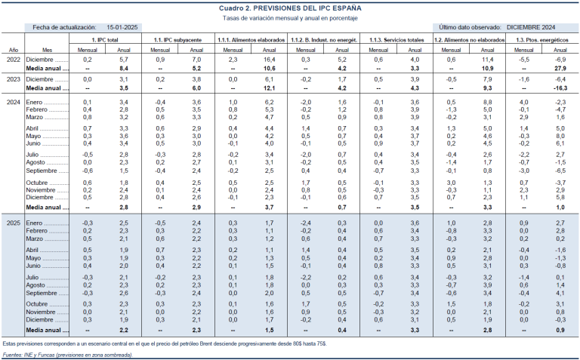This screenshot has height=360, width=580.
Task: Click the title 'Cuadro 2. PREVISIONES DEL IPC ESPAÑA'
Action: point(290,7)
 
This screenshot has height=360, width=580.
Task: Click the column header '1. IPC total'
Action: point(103,38)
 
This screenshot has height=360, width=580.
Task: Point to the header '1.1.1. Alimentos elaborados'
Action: point(251,38)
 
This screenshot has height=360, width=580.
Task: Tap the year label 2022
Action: point(13,58)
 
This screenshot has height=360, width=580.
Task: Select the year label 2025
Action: point(13,223)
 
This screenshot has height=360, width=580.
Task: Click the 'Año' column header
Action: point(13,47)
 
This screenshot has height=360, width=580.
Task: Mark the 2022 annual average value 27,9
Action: point(560,68)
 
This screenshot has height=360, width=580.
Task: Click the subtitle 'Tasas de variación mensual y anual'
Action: point(290,17)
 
